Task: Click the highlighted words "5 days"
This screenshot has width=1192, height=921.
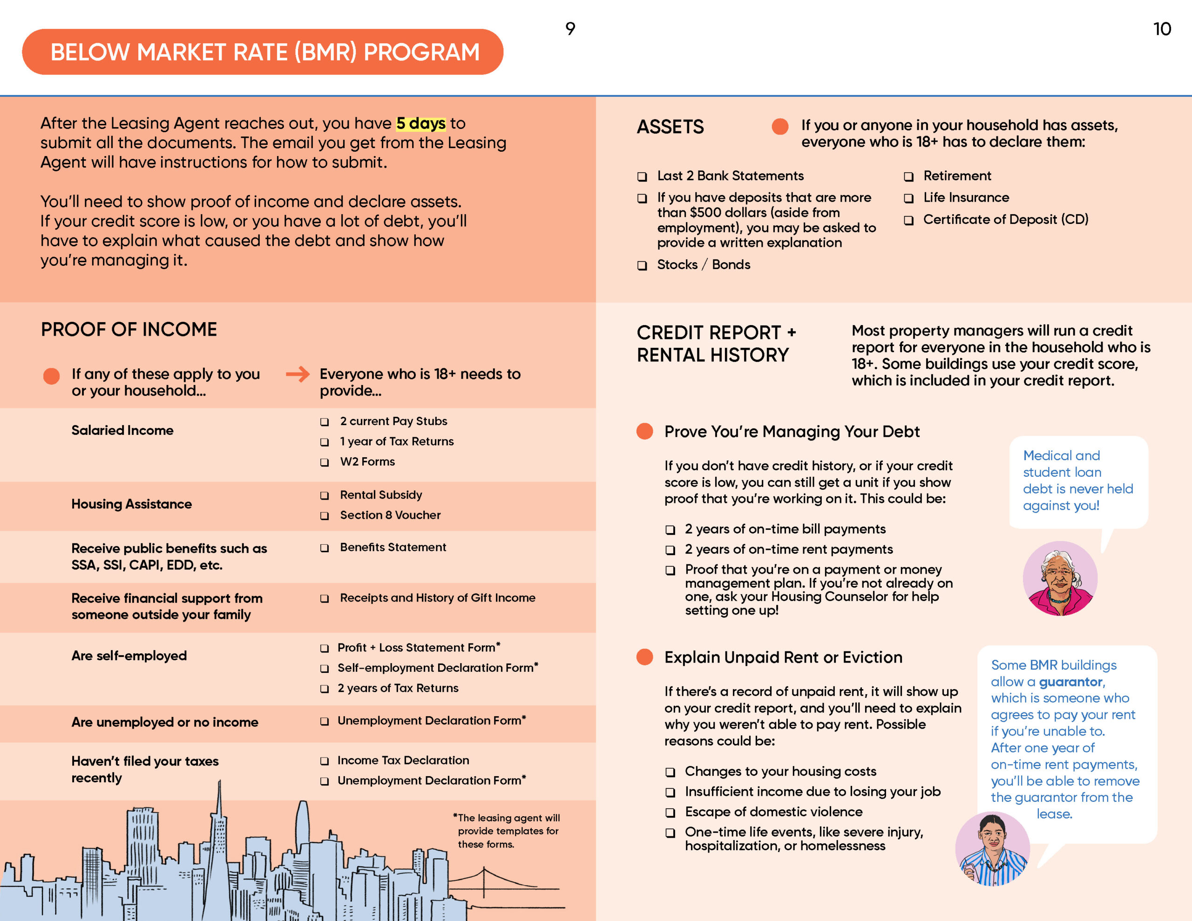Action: [x=421, y=123]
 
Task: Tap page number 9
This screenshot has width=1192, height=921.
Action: [x=570, y=28]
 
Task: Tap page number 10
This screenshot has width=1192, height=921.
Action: [x=1162, y=29]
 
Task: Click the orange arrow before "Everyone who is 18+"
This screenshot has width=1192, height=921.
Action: [x=298, y=374]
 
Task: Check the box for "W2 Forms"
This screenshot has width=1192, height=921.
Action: [x=324, y=462]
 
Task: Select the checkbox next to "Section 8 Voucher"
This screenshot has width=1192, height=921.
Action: [x=324, y=516]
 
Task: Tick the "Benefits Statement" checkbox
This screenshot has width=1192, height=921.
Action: [x=324, y=548]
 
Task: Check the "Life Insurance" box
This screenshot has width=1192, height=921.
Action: [x=908, y=198]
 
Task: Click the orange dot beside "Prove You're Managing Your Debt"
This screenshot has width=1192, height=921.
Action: [x=644, y=431]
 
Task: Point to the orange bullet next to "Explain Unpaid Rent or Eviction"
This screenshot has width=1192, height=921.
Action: [x=644, y=657]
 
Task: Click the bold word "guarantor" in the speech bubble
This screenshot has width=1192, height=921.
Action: [x=1070, y=682]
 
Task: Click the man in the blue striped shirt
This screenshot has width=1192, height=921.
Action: [x=992, y=849]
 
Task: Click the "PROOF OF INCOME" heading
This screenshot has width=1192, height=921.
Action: [x=129, y=329]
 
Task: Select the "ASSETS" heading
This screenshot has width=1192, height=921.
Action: [x=670, y=127]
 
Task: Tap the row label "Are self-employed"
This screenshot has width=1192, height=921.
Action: [x=129, y=655]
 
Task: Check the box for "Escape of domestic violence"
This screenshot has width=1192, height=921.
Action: [x=670, y=813]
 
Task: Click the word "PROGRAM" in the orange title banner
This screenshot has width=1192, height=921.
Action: [x=421, y=53]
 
